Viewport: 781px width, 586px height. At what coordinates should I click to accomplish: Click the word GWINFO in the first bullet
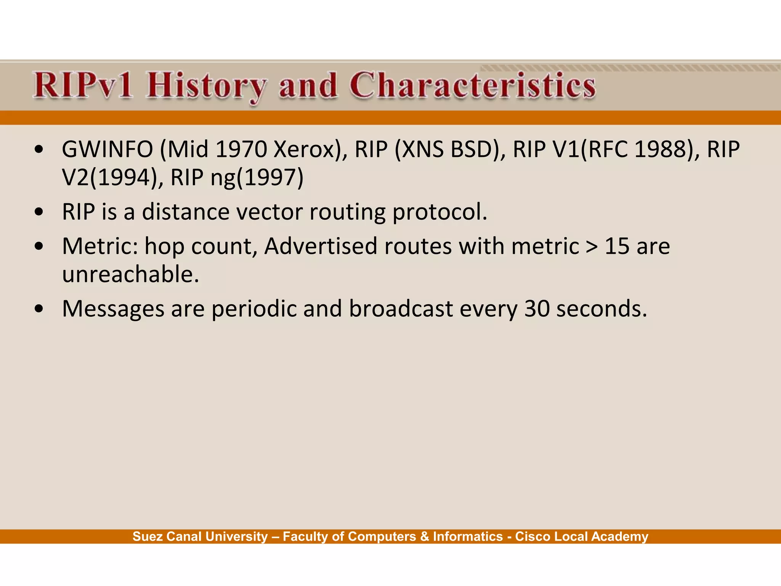click(107, 150)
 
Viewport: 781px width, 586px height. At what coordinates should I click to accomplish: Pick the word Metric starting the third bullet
click(100, 246)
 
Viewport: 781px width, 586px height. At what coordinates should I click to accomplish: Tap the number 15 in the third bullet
click(617, 246)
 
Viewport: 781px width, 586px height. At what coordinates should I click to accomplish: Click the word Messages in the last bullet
click(113, 309)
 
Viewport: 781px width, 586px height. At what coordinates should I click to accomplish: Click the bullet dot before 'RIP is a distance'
click(39, 213)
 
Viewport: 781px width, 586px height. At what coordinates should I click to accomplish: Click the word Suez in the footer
click(147, 536)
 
